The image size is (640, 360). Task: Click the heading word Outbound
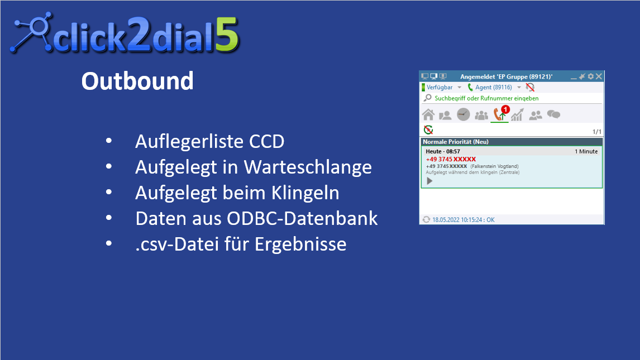(x=137, y=81)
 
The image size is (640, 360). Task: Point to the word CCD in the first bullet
(x=267, y=141)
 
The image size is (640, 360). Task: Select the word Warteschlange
(x=308, y=167)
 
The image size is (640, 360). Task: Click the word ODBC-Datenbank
(x=303, y=218)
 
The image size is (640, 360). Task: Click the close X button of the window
(x=599, y=76)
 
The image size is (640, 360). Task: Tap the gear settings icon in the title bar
(x=591, y=76)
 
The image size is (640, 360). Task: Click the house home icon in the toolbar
(x=428, y=114)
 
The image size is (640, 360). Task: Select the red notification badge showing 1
(x=505, y=109)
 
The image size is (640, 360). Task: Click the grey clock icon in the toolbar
(x=464, y=114)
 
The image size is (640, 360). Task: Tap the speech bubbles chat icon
(x=553, y=114)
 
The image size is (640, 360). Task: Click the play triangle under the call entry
(x=429, y=181)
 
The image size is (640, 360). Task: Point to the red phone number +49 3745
(x=451, y=159)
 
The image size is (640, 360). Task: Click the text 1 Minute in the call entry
(x=586, y=151)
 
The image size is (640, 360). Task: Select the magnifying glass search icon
(x=428, y=98)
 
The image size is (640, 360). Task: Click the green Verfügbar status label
(x=440, y=87)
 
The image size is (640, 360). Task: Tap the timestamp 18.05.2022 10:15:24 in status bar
(x=458, y=220)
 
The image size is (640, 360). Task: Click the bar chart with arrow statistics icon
(x=517, y=114)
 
